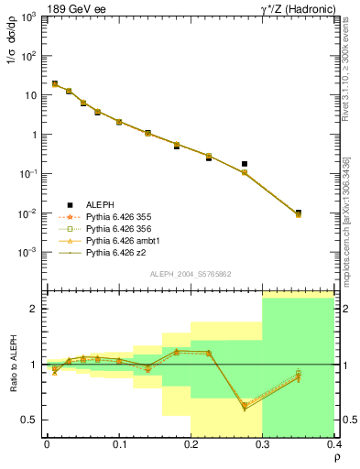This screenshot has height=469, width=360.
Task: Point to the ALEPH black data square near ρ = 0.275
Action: [245, 164]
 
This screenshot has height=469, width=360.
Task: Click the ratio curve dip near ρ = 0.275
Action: [245, 407]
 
